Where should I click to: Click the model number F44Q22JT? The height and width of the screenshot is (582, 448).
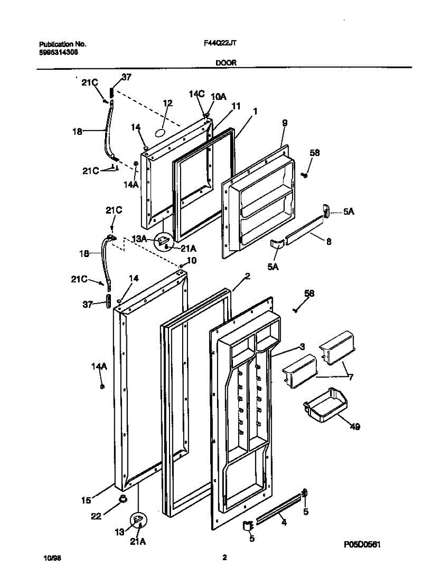pos(220,43)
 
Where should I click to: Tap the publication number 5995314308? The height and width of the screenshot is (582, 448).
pos(58,51)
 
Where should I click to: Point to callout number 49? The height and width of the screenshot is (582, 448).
pos(355,427)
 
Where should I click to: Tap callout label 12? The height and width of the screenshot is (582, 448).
pos(168,103)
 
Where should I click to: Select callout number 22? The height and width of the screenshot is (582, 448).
pos(96,517)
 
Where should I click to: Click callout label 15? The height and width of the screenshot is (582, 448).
pos(86,499)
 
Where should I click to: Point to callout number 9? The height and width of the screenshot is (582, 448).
pos(285,123)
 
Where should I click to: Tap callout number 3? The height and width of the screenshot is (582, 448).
pos(301,346)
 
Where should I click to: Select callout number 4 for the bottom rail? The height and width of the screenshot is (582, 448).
pos(284,523)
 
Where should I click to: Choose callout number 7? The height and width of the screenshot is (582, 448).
pos(350,377)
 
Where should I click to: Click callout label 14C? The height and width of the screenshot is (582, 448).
pos(197,94)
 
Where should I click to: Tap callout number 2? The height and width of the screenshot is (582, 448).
pos(247,276)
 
